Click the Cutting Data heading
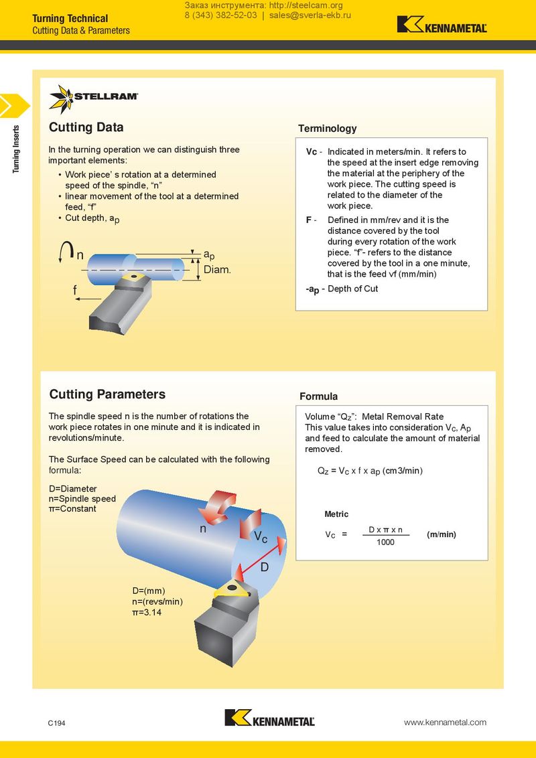pyautogui.click(x=86, y=127)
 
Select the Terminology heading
pyautogui.click(x=327, y=129)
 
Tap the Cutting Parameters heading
pyautogui.click(x=107, y=394)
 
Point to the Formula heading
pyautogui.click(x=318, y=396)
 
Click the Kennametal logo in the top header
pyautogui.click(x=442, y=25)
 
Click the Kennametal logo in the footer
pyautogui.click(x=269, y=718)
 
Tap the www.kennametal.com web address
pyautogui.click(x=445, y=722)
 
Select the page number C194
pyautogui.click(x=56, y=724)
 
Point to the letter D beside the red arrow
pyautogui.click(x=264, y=567)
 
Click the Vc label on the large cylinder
pyautogui.click(x=261, y=537)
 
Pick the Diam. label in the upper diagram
pyautogui.click(x=217, y=270)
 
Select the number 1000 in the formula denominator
pyautogui.click(x=385, y=542)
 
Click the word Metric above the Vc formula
pyautogui.click(x=336, y=514)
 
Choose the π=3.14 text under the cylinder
pyautogui.click(x=147, y=612)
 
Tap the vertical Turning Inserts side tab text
pyautogui.click(x=16, y=149)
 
